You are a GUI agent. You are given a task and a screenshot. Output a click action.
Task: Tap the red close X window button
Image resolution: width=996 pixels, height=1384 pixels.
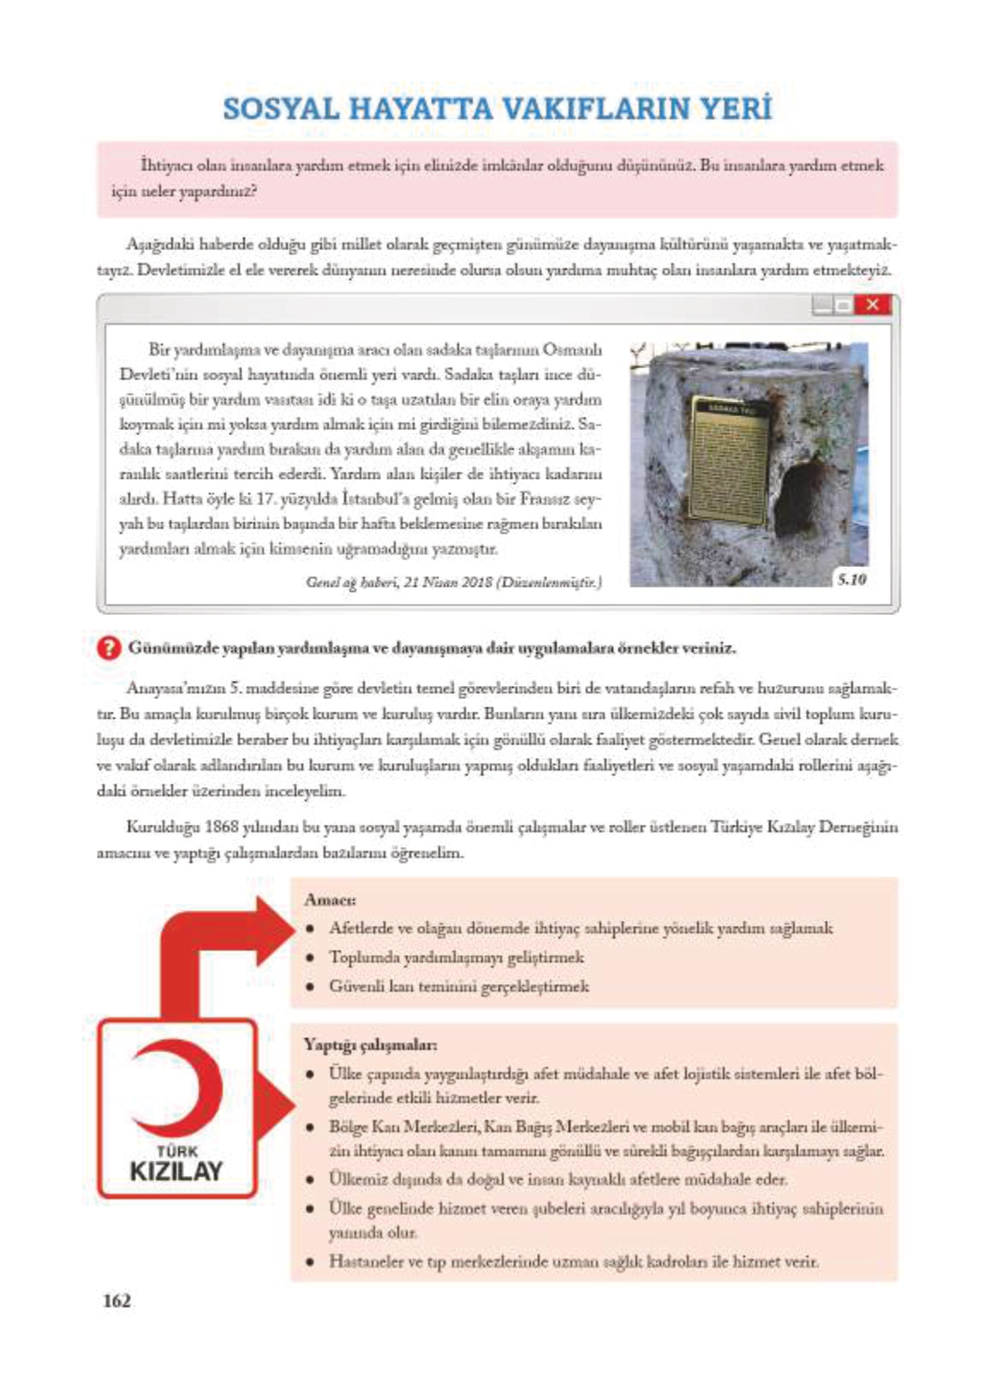[872, 305]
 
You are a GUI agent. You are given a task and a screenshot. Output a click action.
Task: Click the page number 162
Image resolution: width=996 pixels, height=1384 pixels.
[116, 1300]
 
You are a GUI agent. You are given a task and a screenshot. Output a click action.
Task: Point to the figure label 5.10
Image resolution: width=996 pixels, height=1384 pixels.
[851, 580]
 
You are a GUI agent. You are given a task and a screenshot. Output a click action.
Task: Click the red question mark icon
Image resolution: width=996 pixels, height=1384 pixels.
[109, 647]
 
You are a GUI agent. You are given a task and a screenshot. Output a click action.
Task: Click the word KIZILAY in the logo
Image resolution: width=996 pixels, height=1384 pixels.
[176, 1171]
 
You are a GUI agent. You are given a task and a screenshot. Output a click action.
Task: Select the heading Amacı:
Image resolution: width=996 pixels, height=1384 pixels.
[330, 900]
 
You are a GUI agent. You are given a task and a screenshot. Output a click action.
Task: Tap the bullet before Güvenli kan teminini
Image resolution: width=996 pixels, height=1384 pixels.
[311, 987]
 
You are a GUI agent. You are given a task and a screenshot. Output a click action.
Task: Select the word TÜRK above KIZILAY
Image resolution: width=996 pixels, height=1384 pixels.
[176, 1151]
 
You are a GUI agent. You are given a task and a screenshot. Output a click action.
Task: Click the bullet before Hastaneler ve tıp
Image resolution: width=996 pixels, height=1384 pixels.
[311, 1262]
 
